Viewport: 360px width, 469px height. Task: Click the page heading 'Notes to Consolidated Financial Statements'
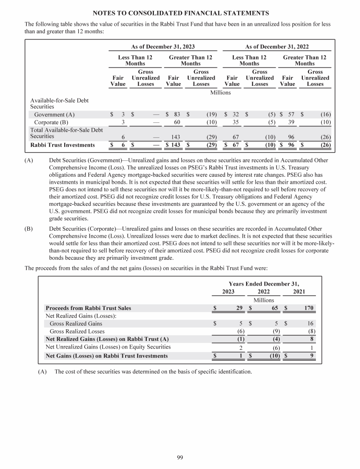point(180,12)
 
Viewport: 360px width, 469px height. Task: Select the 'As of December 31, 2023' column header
point(163,47)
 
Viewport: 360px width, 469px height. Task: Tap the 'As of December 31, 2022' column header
point(277,47)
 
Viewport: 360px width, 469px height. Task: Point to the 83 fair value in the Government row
point(177,114)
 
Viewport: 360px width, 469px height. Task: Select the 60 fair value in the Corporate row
point(177,122)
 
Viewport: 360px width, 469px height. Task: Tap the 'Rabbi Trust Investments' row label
point(62,145)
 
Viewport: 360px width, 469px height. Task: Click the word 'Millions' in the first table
point(220,92)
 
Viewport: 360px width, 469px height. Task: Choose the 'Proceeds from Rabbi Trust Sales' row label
point(88,308)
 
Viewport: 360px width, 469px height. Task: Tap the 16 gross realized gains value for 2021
point(310,323)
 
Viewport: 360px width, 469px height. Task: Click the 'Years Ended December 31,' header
point(263,284)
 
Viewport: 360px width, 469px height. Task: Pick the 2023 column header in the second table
point(228,292)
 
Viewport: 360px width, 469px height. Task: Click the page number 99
point(180,457)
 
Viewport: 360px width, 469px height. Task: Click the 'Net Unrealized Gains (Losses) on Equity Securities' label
point(108,347)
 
